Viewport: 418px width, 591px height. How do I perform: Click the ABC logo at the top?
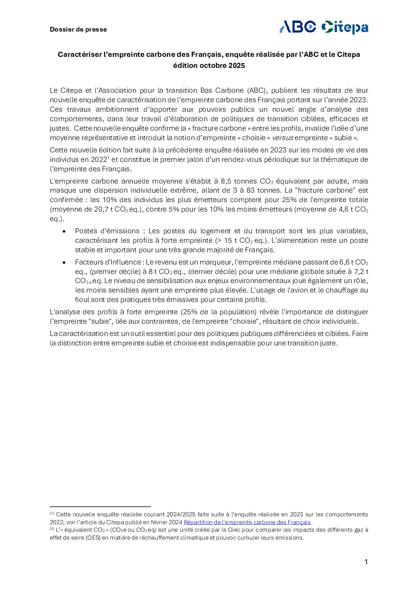pos(298,27)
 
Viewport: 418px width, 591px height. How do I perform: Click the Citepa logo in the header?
pos(345,27)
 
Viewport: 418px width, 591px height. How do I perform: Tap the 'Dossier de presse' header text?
pos(78,30)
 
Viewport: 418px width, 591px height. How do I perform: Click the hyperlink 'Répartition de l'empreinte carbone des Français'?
pos(247,522)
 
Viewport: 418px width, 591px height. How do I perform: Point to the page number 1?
pos(366,562)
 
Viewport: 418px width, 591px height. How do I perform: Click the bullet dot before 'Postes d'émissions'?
pos(64,231)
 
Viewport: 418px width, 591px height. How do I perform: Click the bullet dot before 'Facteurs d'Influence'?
pos(64,263)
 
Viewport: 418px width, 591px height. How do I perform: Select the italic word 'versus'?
pos(282,138)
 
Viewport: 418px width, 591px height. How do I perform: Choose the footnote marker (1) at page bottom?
pos(52,514)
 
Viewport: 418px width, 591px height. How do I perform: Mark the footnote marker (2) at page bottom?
pos(52,529)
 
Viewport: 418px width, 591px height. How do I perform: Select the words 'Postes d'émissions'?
pos(107,231)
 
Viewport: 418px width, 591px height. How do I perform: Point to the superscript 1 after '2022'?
pos(108,158)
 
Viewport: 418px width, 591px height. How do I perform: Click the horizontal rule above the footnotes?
pos(100,507)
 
